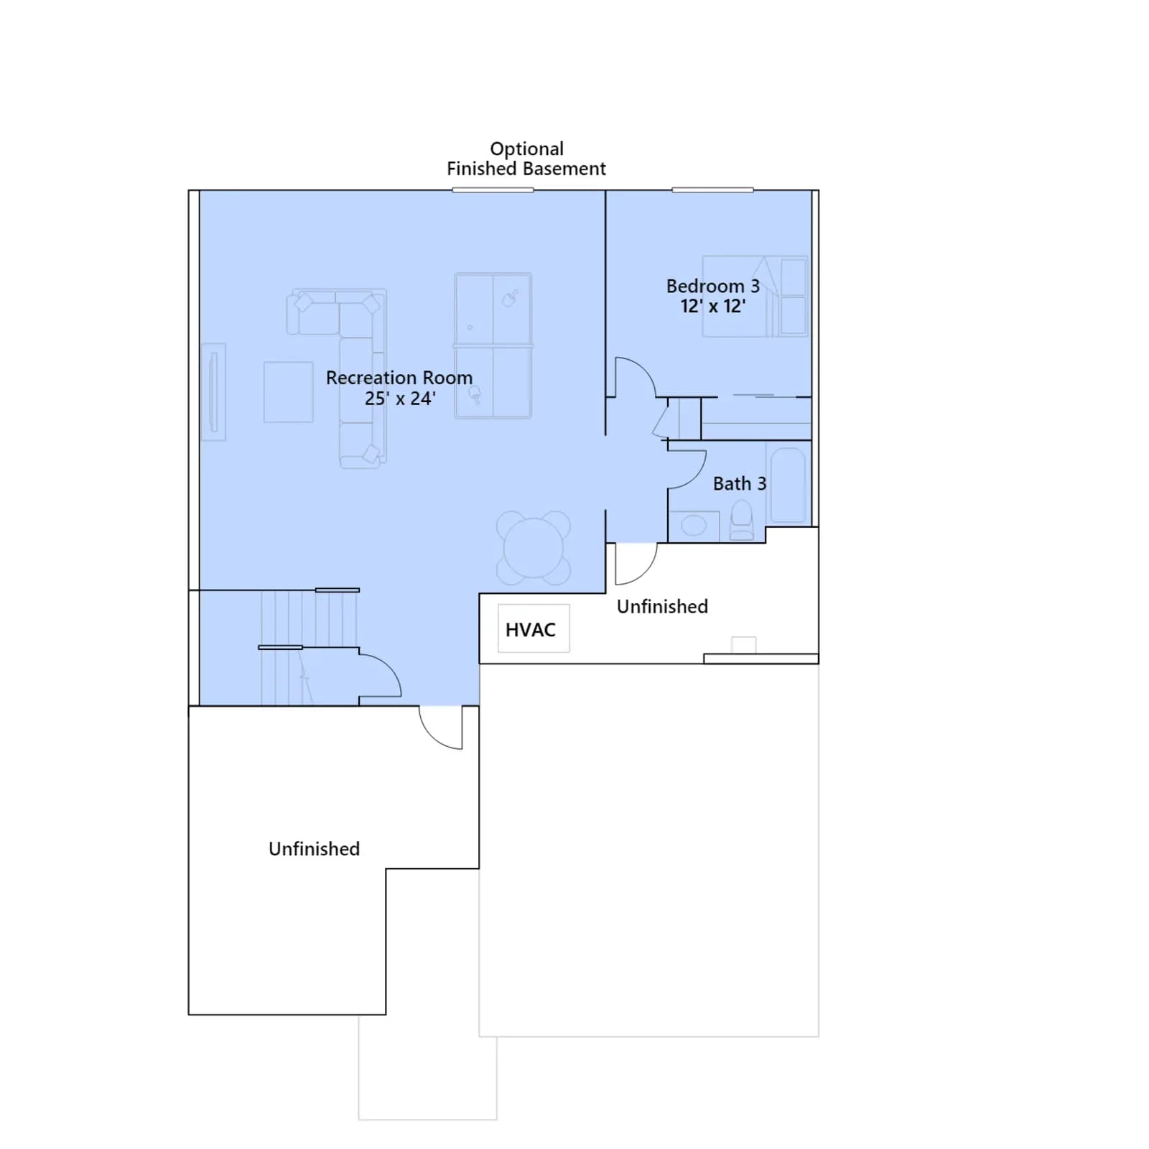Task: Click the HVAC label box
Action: [534, 628]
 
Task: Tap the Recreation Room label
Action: [399, 388]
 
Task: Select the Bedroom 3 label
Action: [712, 296]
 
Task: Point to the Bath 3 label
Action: [740, 483]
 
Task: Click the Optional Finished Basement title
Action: [526, 159]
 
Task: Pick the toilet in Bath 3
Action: [741, 520]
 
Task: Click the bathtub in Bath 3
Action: [789, 486]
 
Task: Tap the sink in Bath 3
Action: [694, 526]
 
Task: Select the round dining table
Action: [534, 547]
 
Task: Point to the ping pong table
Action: [493, 345]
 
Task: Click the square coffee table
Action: [288, 391]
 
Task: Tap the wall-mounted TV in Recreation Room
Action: [213, 391]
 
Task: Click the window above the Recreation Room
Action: [493, 190]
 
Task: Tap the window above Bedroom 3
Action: [712, 190]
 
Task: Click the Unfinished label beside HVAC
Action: [662, 606]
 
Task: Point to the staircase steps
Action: [309, 647]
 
